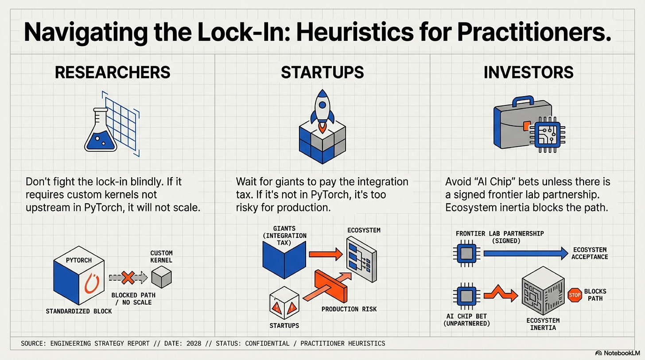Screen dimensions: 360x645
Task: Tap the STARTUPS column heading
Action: pyautogui.click(x=322, y=72)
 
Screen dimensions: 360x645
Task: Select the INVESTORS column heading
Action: pyautogui.click(x=528, y=72)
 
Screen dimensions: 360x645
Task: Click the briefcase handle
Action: pyautogui.click(x=525, y=100)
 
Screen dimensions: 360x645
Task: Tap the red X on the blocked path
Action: pyautogui.click(x=128, y=278)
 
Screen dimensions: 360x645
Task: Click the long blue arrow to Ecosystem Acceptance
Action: pyautogui.click(x=525, y=253)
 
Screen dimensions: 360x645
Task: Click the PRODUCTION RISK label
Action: pyautogui.click(x=349, y=309)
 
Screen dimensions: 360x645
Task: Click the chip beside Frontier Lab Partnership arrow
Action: pyautogui.click(x=465, y=253)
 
